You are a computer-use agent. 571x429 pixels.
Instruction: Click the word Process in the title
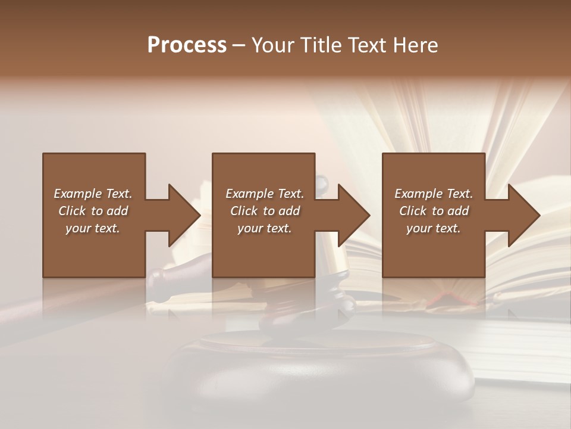click(187, 45)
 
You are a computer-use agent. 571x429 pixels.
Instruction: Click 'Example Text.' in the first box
click(93, 194)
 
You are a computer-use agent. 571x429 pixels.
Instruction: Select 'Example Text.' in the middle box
click(265, 194)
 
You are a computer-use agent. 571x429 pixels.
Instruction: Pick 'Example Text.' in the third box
click(434, 194)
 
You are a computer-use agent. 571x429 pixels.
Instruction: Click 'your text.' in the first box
click(93, 228)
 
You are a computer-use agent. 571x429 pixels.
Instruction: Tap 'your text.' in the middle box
click(265, 228)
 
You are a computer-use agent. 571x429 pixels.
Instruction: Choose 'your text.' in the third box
click(434, 228)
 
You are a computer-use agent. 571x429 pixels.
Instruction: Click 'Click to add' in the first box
click(93, 211)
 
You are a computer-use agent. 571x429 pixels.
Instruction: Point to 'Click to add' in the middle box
click(265, 211)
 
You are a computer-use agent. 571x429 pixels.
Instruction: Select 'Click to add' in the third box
click(434, 211)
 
